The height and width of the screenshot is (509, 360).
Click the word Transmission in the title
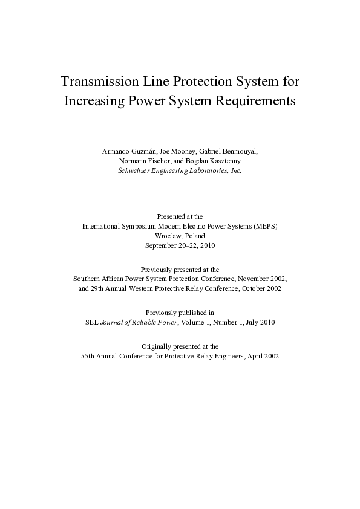point(102,81)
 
